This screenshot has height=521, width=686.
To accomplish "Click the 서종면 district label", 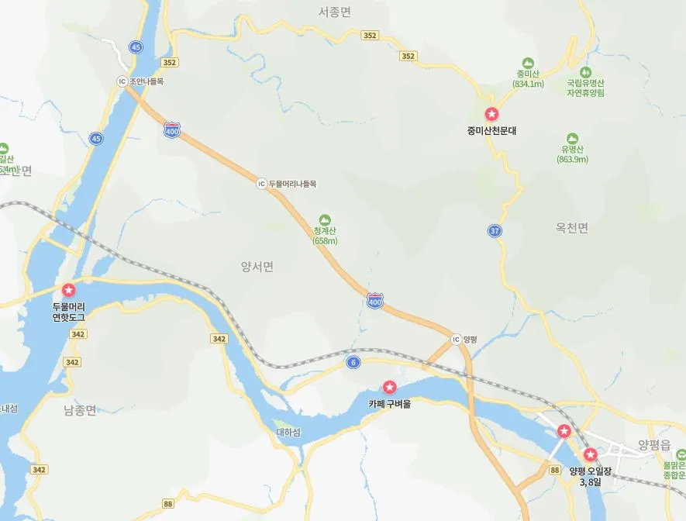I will [335, 12].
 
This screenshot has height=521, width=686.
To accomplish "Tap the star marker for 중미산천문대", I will [491, 115].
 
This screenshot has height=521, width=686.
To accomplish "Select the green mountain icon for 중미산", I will [529, 62].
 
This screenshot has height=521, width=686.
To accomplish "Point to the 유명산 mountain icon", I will [572, 137].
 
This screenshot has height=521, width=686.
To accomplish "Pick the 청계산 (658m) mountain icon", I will [325, 219].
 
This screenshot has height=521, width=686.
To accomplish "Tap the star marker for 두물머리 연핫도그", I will [68, 290].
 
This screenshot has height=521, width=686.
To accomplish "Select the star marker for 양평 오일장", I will [591, 454].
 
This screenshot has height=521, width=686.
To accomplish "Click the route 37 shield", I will [495, 231].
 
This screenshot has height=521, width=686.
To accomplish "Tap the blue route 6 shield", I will [353, 362].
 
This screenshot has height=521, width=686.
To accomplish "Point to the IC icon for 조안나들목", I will [122, 81].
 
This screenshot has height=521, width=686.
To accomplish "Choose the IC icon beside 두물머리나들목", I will [262, 184].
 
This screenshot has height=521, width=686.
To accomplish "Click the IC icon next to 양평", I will [456, 340].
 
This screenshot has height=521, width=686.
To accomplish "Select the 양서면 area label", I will [257, 267].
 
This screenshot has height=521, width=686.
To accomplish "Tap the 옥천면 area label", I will [572, 228].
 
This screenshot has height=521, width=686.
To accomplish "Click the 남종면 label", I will [80, 410].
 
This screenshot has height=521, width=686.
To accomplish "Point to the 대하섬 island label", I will [288, 432].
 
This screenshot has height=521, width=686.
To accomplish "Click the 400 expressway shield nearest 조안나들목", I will [172, 131].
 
